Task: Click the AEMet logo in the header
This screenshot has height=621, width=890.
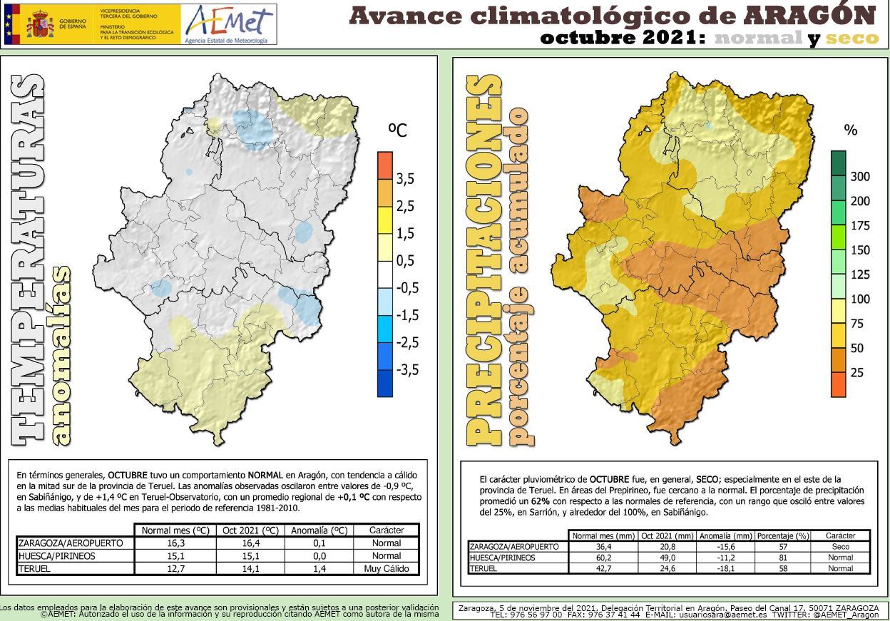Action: click(227, 24)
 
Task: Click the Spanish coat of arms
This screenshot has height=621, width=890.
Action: click(40, 24)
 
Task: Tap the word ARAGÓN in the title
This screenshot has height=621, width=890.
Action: click(809, 14)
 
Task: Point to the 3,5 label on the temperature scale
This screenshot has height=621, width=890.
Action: click(405, 180)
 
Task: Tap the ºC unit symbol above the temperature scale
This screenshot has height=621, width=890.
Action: click(397, 130)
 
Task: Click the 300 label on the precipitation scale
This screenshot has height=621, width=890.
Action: click(860, 177)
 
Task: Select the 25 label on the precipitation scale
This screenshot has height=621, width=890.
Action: click(856, 373)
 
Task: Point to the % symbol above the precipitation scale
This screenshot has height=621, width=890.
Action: click(850, 130)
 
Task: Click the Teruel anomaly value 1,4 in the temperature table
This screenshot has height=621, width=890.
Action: click(319, 569)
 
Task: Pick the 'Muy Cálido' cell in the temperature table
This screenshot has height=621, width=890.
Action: click(387, 569)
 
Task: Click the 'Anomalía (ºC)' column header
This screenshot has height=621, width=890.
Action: click(319, 530)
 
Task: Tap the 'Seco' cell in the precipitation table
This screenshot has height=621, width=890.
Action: click(840, 547)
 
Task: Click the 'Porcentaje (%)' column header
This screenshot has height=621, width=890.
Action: click(782, 536)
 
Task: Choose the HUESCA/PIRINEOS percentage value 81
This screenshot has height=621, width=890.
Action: click(782, 558)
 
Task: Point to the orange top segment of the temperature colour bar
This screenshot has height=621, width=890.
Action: click(384, 165)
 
